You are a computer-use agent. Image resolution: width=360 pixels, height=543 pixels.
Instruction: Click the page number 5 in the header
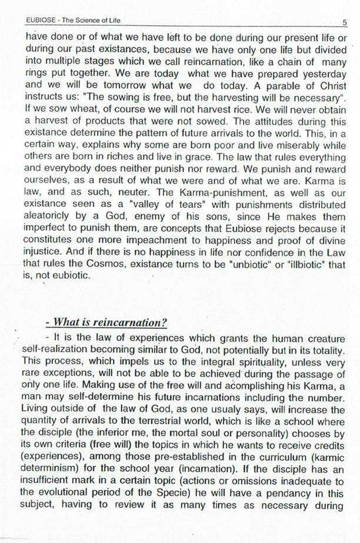coord(343,22)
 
